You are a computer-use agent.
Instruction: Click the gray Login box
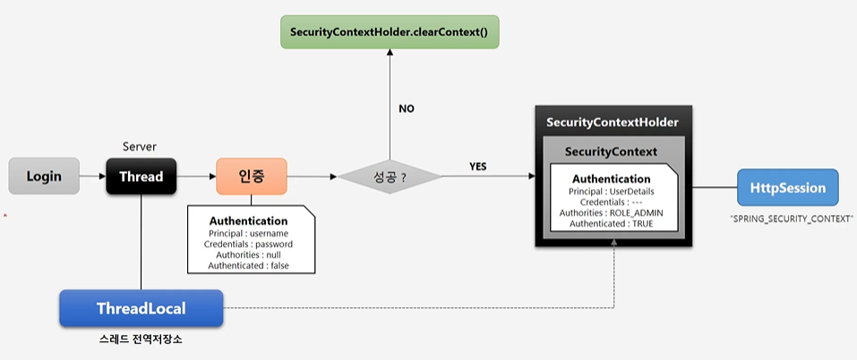44,176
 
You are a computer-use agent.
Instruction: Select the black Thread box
141,176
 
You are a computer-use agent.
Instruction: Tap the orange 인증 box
251,176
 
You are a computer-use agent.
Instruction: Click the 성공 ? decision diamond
390,176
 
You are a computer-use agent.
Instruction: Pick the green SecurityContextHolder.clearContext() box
389,32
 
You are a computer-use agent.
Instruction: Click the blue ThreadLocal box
141,309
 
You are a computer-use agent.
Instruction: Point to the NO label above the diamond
407,108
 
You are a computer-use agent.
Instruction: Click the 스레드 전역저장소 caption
141,342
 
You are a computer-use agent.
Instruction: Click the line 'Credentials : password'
249,244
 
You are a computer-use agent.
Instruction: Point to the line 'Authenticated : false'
249,265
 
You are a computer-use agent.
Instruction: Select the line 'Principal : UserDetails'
612,191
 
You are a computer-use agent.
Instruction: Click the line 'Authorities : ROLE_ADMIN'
612,212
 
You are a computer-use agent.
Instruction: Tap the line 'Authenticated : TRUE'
612,223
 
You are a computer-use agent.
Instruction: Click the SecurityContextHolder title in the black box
612,122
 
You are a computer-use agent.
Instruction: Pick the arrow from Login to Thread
91,176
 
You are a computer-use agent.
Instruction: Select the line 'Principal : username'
249,233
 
